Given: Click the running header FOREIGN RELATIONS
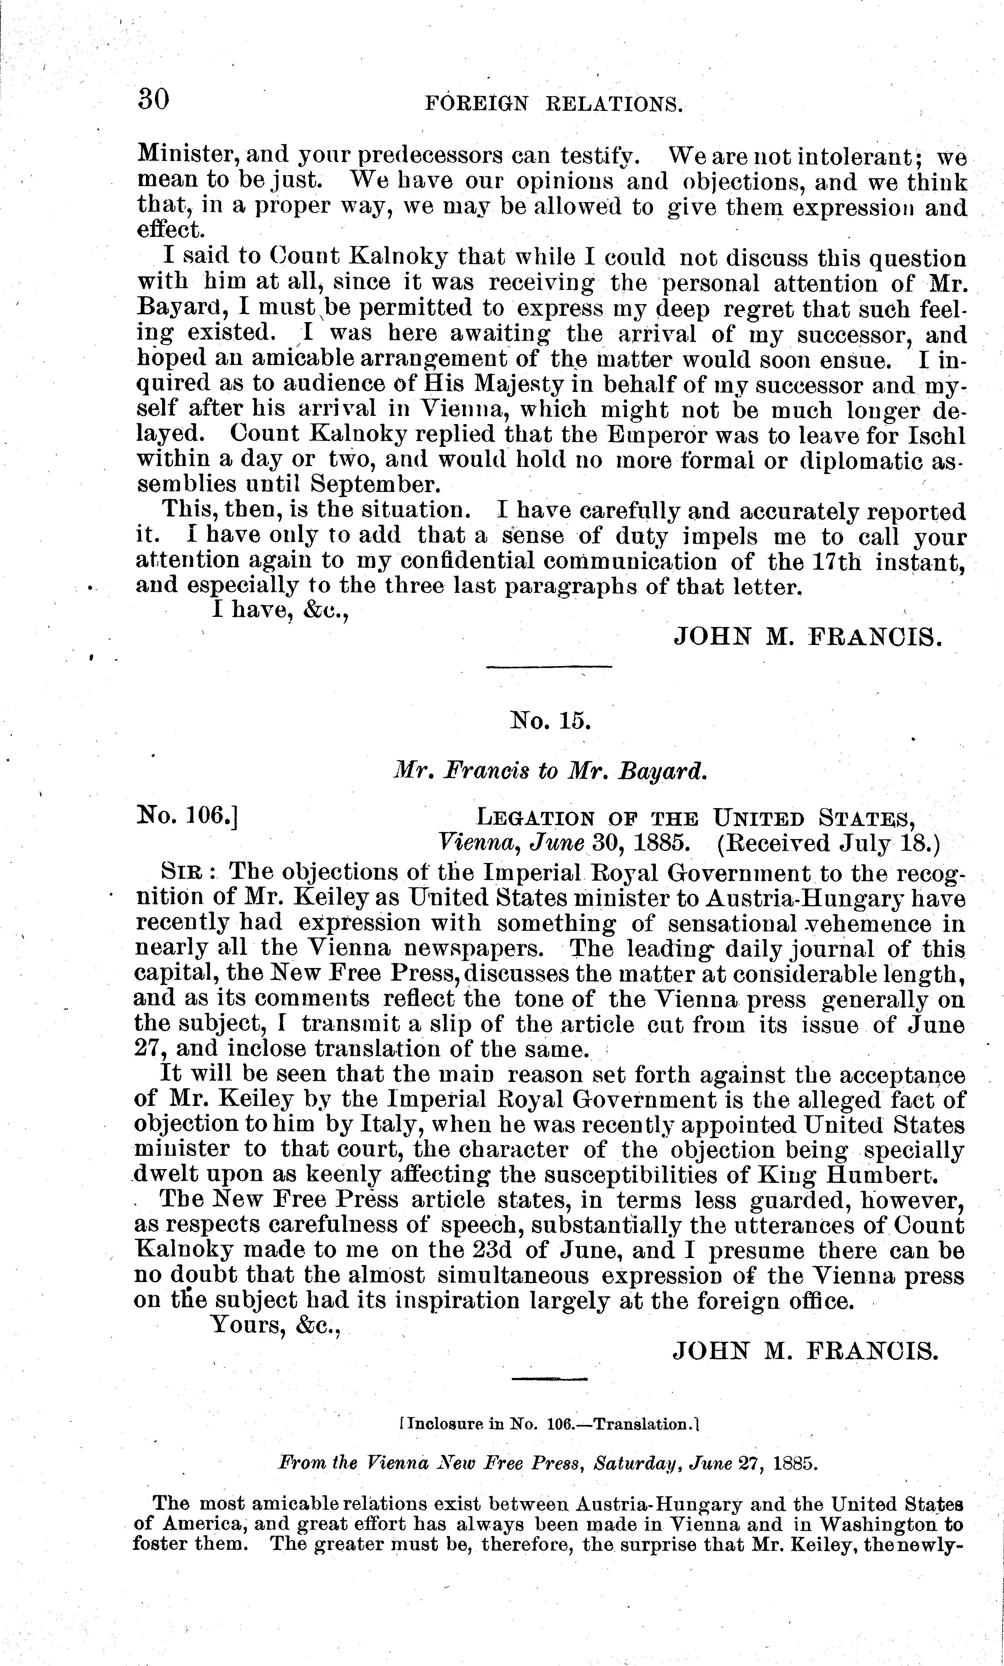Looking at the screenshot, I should (x=553, y=103).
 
